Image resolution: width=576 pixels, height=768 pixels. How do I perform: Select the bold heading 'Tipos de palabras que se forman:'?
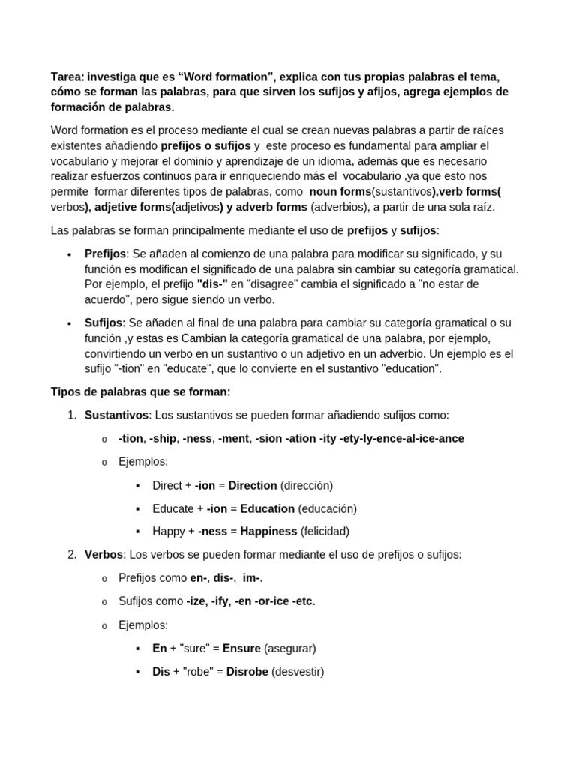[x=140, y=391]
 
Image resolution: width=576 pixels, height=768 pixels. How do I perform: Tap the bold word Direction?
[x=253, y=485]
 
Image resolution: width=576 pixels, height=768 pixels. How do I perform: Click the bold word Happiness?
[x=262, y=532]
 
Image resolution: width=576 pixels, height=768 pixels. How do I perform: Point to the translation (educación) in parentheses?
[x=327, y=508]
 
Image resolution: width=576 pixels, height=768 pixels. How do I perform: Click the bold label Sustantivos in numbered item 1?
[x=116, y=415]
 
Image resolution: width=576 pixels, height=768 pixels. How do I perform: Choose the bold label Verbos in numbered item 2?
[x=103, y=555]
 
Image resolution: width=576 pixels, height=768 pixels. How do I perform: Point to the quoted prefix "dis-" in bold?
[x=211, y=284]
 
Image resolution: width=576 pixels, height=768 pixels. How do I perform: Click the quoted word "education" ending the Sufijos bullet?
[x=408, y=368]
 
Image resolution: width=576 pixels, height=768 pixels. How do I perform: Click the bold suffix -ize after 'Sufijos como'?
[x=198, y=601]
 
